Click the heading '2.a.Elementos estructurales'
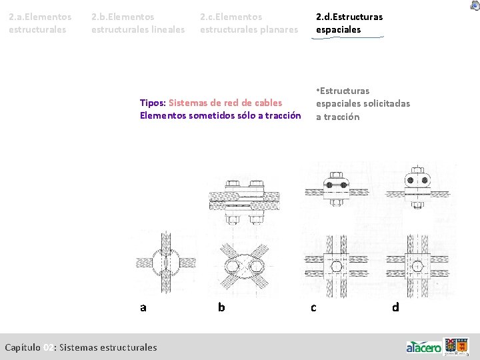(40, 23)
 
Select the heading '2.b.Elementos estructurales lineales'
(138, 23)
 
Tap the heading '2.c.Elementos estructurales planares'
(249, 23)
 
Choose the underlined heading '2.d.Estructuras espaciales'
(349, 23)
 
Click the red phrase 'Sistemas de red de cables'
(225, 103)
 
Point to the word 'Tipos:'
(153, 103)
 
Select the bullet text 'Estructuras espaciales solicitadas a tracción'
(362, 103)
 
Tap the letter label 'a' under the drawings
(143, 307)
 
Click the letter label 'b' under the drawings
(221, 307)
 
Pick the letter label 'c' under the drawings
(313, 307)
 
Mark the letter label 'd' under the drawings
(395, 307)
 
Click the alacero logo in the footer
(424, 347)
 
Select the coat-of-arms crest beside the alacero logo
(457, 346)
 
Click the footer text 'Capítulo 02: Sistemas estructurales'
(81, 347)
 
